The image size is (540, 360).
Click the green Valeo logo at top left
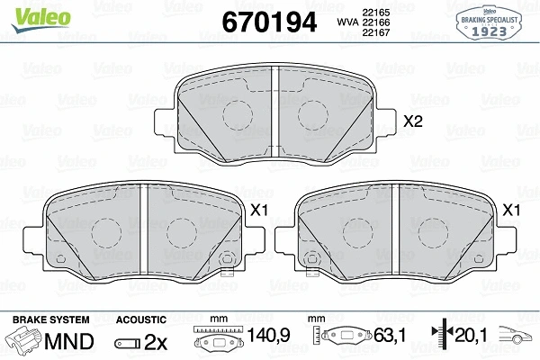[x=40, y=19]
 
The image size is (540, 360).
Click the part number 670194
[x=269, y=22]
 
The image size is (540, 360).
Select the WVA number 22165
[x=375, y=13]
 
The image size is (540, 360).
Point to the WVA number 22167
[x=375, y=32]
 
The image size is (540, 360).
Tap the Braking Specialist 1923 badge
[x=489, y=23]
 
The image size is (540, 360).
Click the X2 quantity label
[x=412, y=121]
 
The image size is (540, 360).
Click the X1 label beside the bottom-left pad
[x=258, y=210]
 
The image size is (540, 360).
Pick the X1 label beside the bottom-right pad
[x=511, y=210]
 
